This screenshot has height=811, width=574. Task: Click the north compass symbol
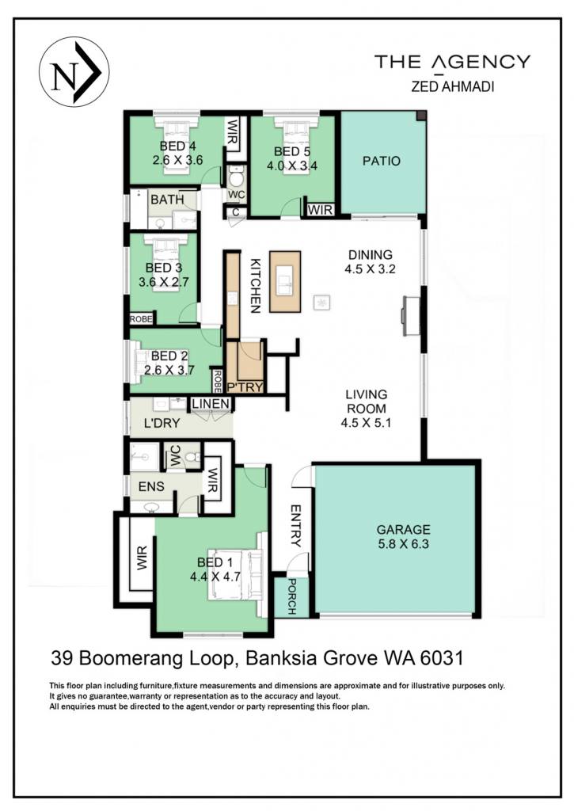coord(74,71)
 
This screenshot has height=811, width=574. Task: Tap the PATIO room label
coord(381,161)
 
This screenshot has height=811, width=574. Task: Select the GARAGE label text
coord(403,529)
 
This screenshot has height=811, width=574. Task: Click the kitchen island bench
coord(284,281)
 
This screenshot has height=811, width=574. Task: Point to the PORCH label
coord(291,597)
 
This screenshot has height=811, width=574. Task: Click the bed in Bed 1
coord(236,575)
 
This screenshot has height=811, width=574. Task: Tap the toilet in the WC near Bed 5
coord(236,177)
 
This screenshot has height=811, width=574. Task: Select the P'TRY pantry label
coord(245,386)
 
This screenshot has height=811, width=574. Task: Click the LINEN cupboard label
coord(211,404)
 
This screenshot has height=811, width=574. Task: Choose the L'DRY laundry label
coord(162,423)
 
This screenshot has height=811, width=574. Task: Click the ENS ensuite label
coord(151,486)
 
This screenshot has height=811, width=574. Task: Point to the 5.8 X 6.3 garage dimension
coord(403,543)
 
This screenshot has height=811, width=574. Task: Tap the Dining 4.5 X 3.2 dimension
coord(371,269)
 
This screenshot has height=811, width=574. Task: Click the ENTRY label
coord(295,526)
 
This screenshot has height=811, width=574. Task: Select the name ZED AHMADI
coord(453,86)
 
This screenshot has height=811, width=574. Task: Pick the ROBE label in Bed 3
coord(141,319)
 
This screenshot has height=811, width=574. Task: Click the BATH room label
coord(167,199)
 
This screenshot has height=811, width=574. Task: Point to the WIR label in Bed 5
coord(320,210)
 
